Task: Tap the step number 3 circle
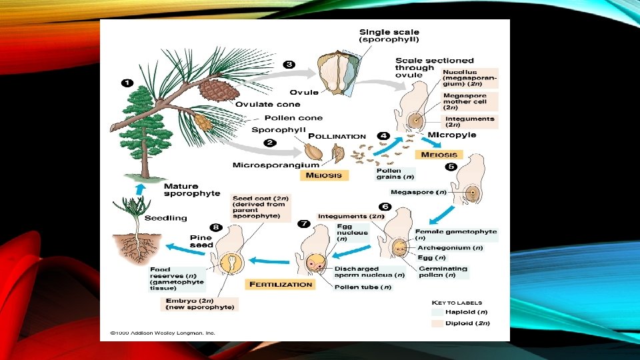pos(289,64)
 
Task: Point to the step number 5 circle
pos(451,167)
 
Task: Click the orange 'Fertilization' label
pos(281,284)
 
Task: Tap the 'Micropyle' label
pos(452,135)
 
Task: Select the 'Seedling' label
pos(166,218)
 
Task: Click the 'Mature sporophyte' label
pos(192,190)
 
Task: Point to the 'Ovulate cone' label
pos(267,104)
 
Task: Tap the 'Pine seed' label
pos(201,241)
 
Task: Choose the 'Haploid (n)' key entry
pos(467,311)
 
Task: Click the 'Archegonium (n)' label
pos(450,247)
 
